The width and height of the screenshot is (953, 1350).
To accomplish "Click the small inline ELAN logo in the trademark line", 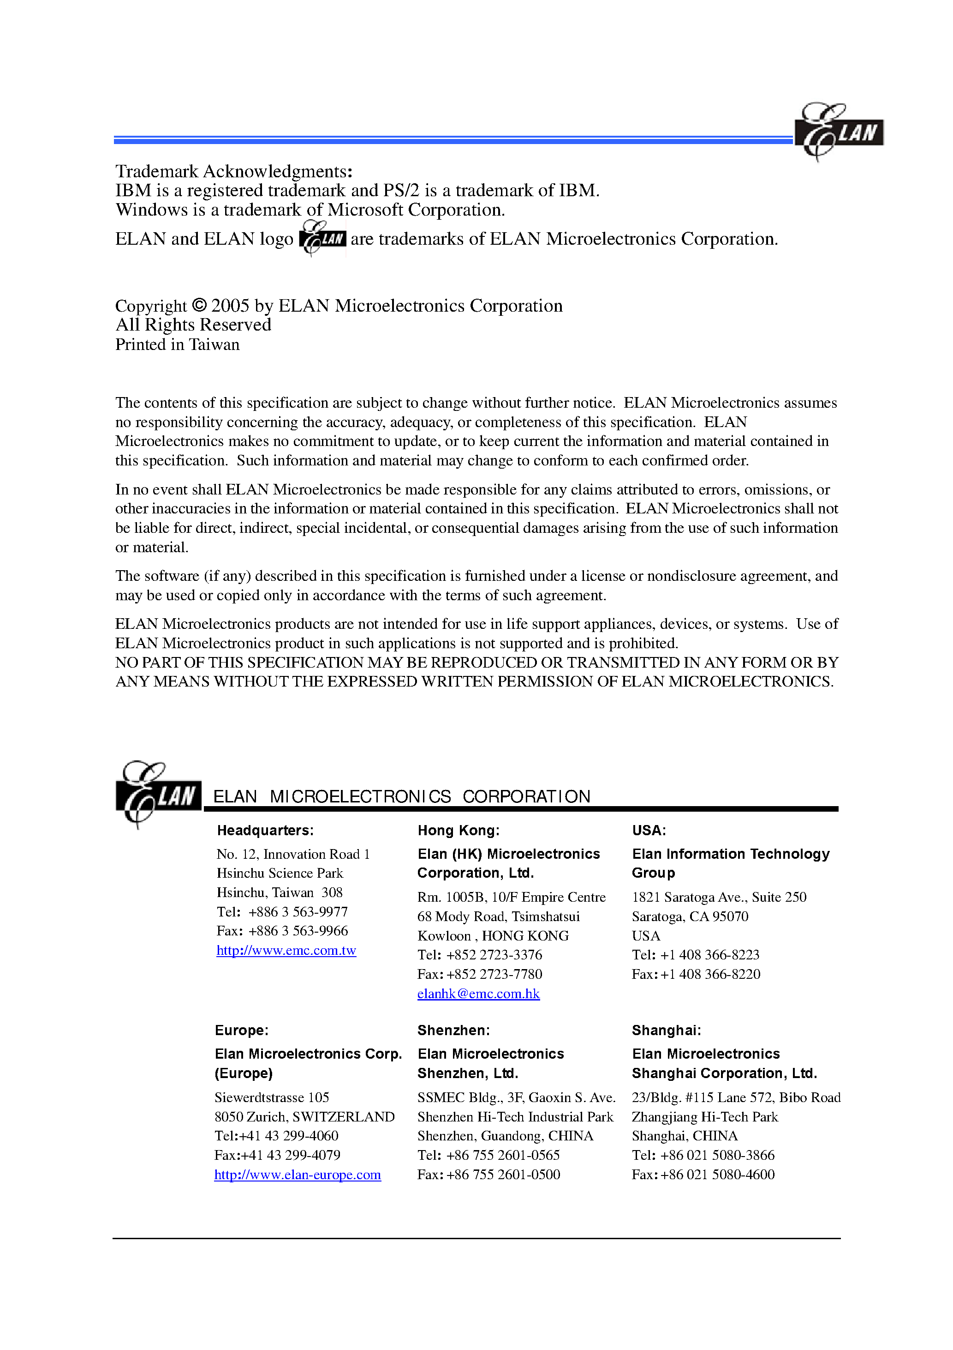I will coord(322,238).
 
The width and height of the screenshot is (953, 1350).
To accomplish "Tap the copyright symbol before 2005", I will coord(199,306).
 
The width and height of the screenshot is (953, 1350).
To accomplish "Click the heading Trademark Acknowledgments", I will coord(233,171).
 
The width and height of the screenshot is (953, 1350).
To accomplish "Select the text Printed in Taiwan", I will coord(178,344).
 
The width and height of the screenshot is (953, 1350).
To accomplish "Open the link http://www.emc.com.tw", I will coord(286,951).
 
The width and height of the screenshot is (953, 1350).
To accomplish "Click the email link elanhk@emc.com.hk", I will coord(478,994).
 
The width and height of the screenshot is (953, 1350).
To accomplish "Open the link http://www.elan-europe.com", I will coord(298,1175).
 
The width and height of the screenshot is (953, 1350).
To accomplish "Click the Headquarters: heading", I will coord(265,830).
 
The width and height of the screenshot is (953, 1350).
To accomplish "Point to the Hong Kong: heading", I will coord(459,830).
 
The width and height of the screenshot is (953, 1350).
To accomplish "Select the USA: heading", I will coord(649,830).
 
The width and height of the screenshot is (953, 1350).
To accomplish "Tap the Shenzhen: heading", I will coord(453,1030).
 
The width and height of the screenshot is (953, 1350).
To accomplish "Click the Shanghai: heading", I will coord(666,1030).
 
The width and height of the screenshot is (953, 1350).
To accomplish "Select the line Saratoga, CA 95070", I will coord(690,916).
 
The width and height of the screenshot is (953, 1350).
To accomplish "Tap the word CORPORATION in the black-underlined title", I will coord(526,797).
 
